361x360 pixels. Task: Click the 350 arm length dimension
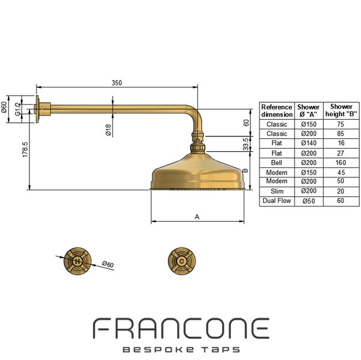coord(117,82)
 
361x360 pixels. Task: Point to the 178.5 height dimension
coord(25,149)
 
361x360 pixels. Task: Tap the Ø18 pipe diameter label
coord(108,130)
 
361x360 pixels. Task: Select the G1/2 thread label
coord(17,110)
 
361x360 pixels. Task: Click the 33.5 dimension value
coord(246,144)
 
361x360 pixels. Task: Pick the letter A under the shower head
coord(197,217)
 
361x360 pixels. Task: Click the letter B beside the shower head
coord(245,171)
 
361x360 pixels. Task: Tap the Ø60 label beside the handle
coord(108,264)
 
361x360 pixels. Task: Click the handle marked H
coord(78,261)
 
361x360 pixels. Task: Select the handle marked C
coord(182,261)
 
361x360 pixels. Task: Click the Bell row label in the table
coord(277,163)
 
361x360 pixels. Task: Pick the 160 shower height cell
coord(341,163)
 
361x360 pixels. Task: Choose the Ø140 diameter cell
coord(309,143)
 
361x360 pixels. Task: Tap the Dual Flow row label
coord(277,200)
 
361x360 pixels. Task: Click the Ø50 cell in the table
coord(309,201)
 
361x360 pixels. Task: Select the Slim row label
coord(277,191)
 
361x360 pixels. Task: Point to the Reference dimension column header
coord(277,111)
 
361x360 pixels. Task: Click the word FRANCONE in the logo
coord(181,328)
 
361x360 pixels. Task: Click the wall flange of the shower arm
coord(37,109)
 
